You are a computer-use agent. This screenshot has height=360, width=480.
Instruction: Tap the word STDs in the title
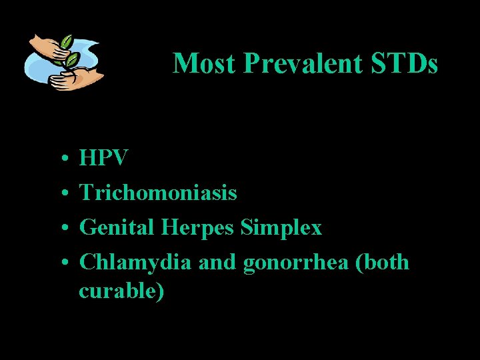(406, 64)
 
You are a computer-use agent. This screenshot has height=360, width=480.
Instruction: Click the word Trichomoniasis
(158, 193)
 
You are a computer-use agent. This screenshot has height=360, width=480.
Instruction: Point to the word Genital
(117, 228)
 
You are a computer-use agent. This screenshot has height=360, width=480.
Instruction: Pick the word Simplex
(281, 228)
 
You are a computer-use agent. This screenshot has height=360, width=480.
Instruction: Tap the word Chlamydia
(137, 263)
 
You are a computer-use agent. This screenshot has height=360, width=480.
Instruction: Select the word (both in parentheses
(383, 263)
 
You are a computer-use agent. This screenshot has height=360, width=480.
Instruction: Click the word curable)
(121, 291)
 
